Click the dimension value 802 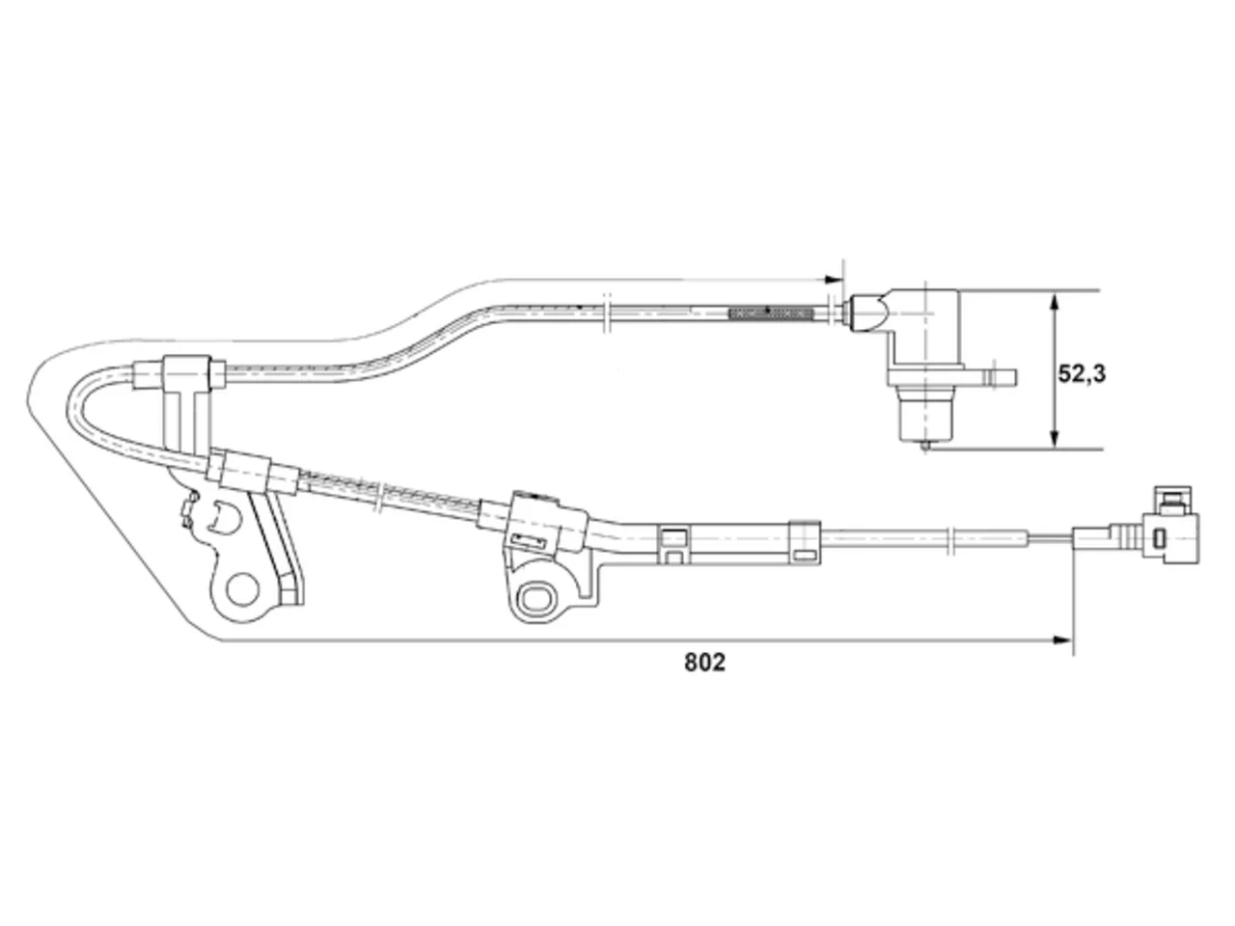point(704,663)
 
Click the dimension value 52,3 point(1082,374)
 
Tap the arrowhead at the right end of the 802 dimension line point(1062,640)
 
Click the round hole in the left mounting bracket point(242,589)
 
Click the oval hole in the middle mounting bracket point(536,598)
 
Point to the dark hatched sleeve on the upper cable point(770,313)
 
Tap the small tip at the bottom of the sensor point(924,447)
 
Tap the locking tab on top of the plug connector point(1172,500)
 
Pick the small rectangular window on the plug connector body point(1159,537)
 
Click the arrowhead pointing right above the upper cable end point(834,280)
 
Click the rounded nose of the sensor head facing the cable point(871,313)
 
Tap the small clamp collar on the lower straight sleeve point(805,542)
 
